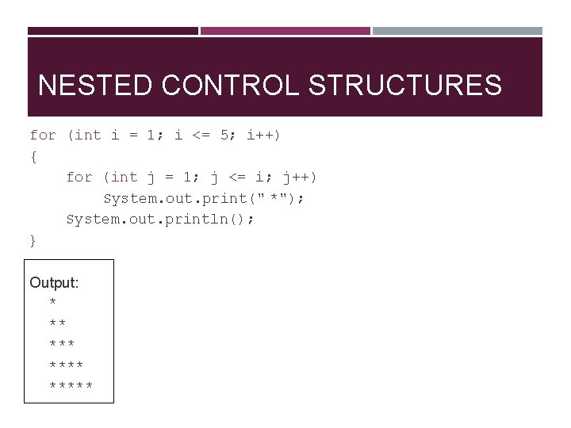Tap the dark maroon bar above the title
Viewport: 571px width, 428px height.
pyautogui.click(x=113, y=31)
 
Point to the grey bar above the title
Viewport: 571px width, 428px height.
pyautogui.click(x=458, y=31)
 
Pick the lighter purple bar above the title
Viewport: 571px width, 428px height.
pyautogui.click(x=285, y=31)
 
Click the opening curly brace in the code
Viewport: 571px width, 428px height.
pyautogui.click(x=33, y=156)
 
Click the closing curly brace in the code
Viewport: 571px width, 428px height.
pyautogui.click(x=33, y=240)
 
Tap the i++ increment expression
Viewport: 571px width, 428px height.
pyautogui.click(x=263, y=136)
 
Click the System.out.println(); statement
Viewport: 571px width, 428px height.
pyautogui.click(x=161, y=219)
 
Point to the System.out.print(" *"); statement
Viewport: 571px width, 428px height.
pyautogui.click(x=204, y=198)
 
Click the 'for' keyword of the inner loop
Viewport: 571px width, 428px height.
pyautogui.click(x=79, y=178)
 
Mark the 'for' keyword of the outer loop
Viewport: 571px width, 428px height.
pyautogui.click(x=43, y=136)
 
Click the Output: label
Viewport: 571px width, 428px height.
pyautogui.click(x=54, y=283)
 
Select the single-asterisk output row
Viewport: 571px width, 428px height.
pyautogui.click(x=52, y=304)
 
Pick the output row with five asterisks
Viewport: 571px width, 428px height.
pyautogui.click(x=71, y=386)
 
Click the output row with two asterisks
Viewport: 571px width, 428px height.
pyautogui.click(x=57, y=324)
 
